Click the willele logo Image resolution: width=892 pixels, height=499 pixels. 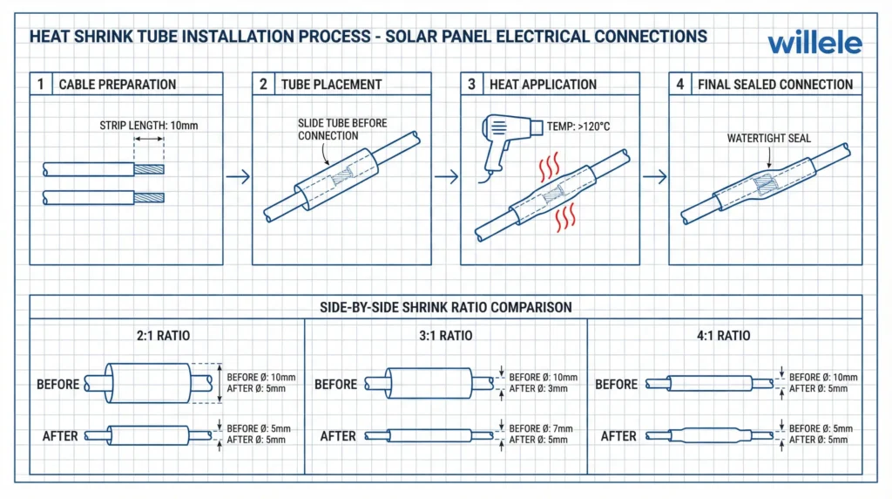click(x=815, y=41)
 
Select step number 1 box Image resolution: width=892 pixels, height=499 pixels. click(x=40, y=85)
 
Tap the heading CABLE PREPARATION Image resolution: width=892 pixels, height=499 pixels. click(x=117, y=85)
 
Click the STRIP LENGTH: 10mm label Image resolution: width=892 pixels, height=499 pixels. click(x=149, y=126)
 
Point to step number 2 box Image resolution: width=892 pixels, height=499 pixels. click(x=263, y=85)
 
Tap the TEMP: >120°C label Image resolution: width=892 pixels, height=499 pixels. click(x=578, y=126)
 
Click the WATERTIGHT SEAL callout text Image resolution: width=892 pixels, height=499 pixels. click(x=769, y=138)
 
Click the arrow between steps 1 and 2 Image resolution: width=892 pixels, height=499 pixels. click(x=237, y=177)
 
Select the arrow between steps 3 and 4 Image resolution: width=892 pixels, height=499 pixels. click(x=654, y=177)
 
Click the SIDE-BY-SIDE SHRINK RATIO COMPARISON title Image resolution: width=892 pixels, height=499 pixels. click(x=445, y=307)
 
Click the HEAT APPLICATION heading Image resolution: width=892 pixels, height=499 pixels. click(x=543, y=85)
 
